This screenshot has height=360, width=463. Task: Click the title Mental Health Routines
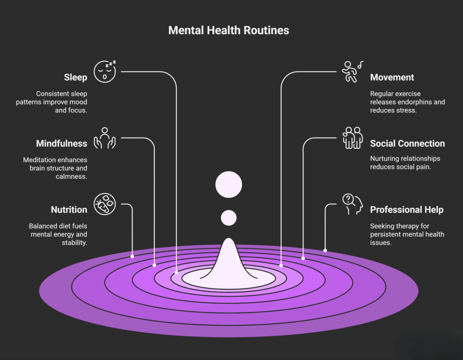pyautogui.click(x=228, y=30)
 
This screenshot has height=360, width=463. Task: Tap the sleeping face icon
pyautogui.click(x=105, y=71)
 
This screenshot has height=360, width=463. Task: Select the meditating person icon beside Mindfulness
pyautogui.click(x=105, y=138)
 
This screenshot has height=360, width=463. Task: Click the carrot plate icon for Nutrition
pyautogui.click(x=105, y=204)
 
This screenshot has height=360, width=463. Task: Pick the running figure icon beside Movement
pyautogui.click(x=351, y=72)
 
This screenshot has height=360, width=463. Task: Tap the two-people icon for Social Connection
pyautogui.click(x=353, y=138)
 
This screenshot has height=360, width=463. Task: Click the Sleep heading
pyautogui.click(x=76, y=77)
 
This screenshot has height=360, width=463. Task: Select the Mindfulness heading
pyautogui.click(x=61, y=143)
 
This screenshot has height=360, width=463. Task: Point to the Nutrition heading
pyautogui.click(x=69, y=210)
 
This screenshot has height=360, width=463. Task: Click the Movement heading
pyautogui.click(x=392, y=77)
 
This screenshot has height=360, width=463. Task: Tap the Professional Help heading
pyautogui.click(x=406, y=210)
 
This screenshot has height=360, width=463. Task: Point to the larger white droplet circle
pyautogui.click(x=229, y=185)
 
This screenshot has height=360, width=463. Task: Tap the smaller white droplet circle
pyautogui.click(x=229, y=218)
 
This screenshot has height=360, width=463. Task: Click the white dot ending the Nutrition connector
pyautogui.click(x=132, y=256)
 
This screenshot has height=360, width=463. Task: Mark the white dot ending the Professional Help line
pyautogui.click(x=325, y=250)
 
